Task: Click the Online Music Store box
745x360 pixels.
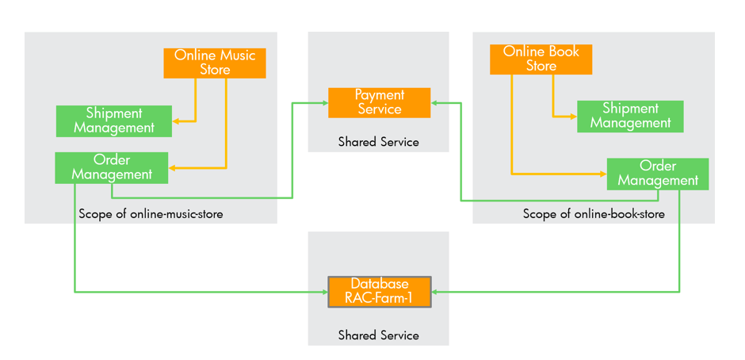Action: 215,63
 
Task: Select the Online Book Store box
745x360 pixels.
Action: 541,59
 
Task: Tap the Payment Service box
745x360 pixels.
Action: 380,103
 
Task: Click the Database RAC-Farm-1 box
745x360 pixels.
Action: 380,292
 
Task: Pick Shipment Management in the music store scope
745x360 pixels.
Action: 114,121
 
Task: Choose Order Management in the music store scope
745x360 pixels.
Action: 112,168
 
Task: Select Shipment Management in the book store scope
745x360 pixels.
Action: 630,117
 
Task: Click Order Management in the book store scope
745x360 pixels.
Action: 658,174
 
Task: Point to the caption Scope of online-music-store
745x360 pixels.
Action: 151,214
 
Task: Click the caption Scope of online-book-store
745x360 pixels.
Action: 594,214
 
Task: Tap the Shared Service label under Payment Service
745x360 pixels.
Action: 378,142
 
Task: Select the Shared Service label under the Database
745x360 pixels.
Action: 378,335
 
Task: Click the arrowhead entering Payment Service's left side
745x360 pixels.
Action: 324,103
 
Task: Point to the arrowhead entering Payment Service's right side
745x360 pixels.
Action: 435,103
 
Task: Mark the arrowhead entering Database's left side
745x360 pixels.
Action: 324,292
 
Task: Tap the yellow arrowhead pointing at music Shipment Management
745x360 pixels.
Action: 176,121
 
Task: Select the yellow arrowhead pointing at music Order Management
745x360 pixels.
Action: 173,168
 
